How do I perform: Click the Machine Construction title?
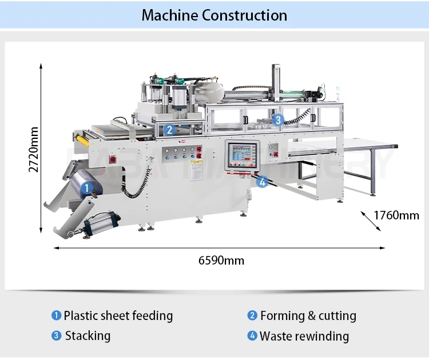click(x=214, y=15)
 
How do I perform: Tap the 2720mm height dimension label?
click(x=34, y=149)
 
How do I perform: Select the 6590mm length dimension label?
click(x=221, y=261)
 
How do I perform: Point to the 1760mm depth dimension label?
click(x=396, y=215)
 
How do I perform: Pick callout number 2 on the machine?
click(x=169, y=130)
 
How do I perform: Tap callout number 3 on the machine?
click(x=278, y=120)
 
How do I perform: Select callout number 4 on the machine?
click(x=262, y=182)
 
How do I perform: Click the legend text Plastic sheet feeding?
click(x=118, y=315)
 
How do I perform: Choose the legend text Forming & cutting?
click(x=308, y=315)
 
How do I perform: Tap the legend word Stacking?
click(x=88, y=335)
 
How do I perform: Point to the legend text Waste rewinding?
click(x=304, y=335)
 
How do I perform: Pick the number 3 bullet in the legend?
click(x=56, y=335)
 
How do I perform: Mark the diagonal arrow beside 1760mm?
click(x=371, y=220)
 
